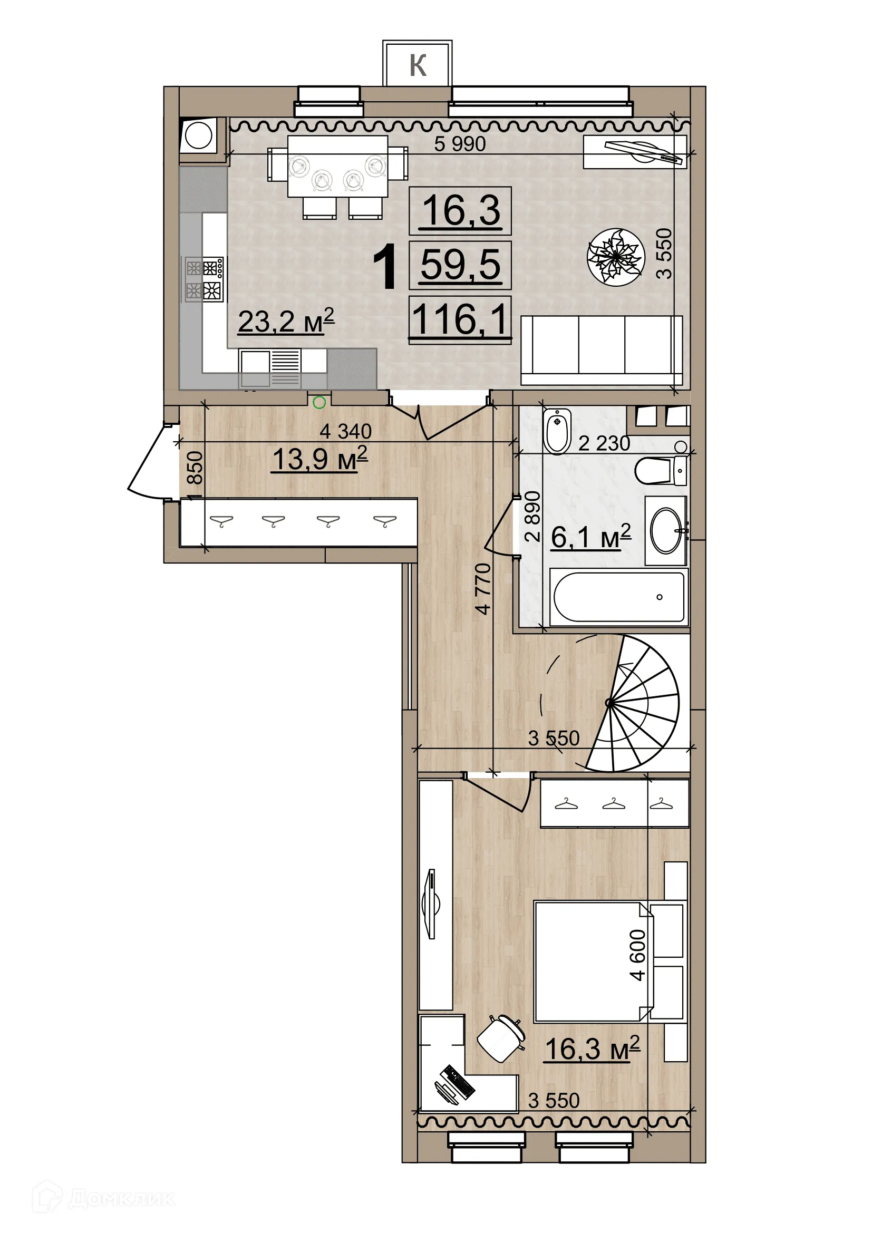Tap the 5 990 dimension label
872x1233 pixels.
pos(460,144)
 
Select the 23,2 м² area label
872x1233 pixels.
pos(286,322)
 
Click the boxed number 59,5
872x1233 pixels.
pos(460,265)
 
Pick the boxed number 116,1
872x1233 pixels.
pos(460,319)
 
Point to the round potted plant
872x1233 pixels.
pos(615,257)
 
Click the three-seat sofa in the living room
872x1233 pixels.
pos(602,350)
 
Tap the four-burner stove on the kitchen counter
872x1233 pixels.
pos(204,279)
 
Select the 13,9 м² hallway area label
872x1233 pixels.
pos(320,460)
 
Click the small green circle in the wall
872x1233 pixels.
pos(319,402)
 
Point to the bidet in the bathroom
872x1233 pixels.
pos(557,431)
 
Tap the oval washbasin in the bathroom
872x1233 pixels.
pos(666,531)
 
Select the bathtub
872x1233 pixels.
pos(618,598)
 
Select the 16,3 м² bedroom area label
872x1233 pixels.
pos(592,1049)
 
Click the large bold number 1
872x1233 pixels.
pos(385,267)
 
